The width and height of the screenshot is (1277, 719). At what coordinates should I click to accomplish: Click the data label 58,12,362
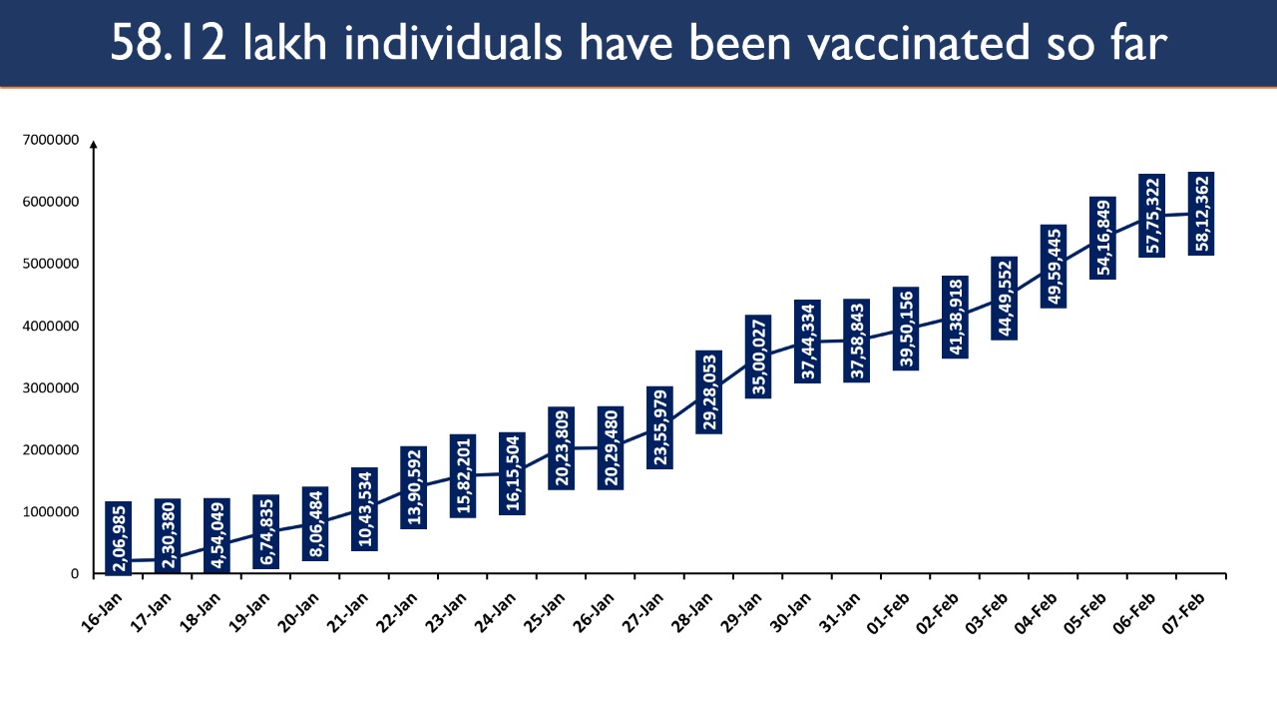(x=1201, y=214)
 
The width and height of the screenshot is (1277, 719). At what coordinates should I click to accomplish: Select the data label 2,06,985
(x=119, y=538)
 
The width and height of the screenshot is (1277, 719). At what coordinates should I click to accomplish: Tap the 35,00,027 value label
(x=758, y=357)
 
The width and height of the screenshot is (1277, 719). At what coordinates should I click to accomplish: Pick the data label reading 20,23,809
(x=562, y=448)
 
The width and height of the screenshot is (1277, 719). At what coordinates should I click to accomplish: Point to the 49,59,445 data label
(x=1054, y=267)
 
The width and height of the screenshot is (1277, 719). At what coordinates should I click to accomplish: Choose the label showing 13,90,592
(x=414, y=488)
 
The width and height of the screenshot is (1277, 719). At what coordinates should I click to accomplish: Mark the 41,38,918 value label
(x=955, y=318)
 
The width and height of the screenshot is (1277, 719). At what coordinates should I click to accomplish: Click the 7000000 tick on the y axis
(x=51, y=140)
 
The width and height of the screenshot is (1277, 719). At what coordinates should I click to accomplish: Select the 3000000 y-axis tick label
(x=51, y=388)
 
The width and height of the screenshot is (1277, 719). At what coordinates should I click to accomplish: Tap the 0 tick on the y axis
(x=75, y=574)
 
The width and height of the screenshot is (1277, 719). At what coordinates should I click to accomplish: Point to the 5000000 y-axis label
(x=51, y=264)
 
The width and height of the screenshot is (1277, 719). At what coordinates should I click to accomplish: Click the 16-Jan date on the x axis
(x=103, y=612)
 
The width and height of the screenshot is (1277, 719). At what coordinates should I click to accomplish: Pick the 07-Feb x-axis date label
(x=1184, y=612)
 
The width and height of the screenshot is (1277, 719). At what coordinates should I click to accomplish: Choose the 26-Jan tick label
(x=594, y=612)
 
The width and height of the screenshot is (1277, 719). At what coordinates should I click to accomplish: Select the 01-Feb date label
(x=889, y=612)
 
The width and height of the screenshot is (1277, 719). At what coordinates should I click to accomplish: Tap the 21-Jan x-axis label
(x=348, y=612)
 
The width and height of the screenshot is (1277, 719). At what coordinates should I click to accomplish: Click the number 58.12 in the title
(x=169, y=43)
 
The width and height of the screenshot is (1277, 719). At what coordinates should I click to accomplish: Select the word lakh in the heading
(x=285, y=42)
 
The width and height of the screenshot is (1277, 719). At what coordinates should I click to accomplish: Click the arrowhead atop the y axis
(x=94, y=145)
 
